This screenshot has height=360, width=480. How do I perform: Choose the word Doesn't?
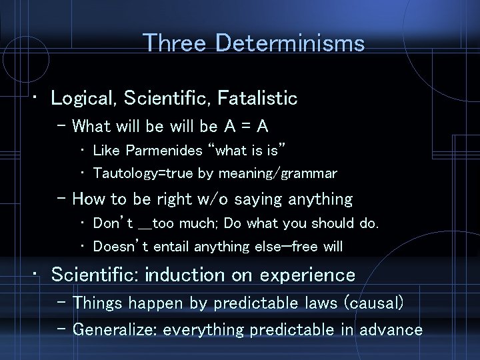[121, 247]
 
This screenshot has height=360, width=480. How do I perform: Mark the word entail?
[172, 247]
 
